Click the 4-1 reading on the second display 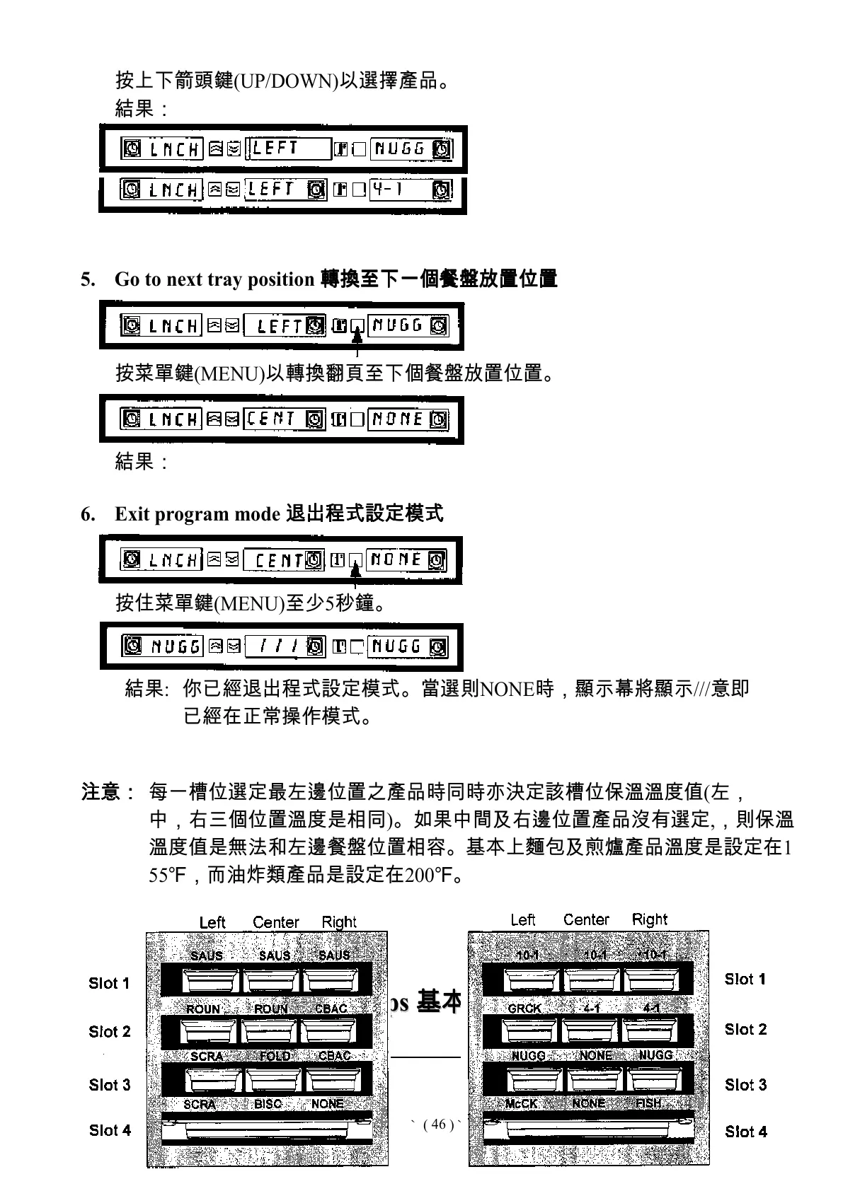point(387,190)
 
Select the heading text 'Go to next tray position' point(214,279)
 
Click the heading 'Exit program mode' point(197,514)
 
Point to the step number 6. point(87,514)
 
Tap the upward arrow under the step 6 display point(357,576)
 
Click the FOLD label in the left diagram point(275,1056)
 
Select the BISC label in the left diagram point(268,1103)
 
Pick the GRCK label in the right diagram point(524,1009)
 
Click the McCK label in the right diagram point(522,1103)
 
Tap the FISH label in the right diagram point(648,1103)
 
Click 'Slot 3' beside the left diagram point(110,1085)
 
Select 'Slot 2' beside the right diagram point(745,1030)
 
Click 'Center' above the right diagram point(586,919)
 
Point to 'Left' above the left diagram point(212,922)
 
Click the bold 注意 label point(101,791)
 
